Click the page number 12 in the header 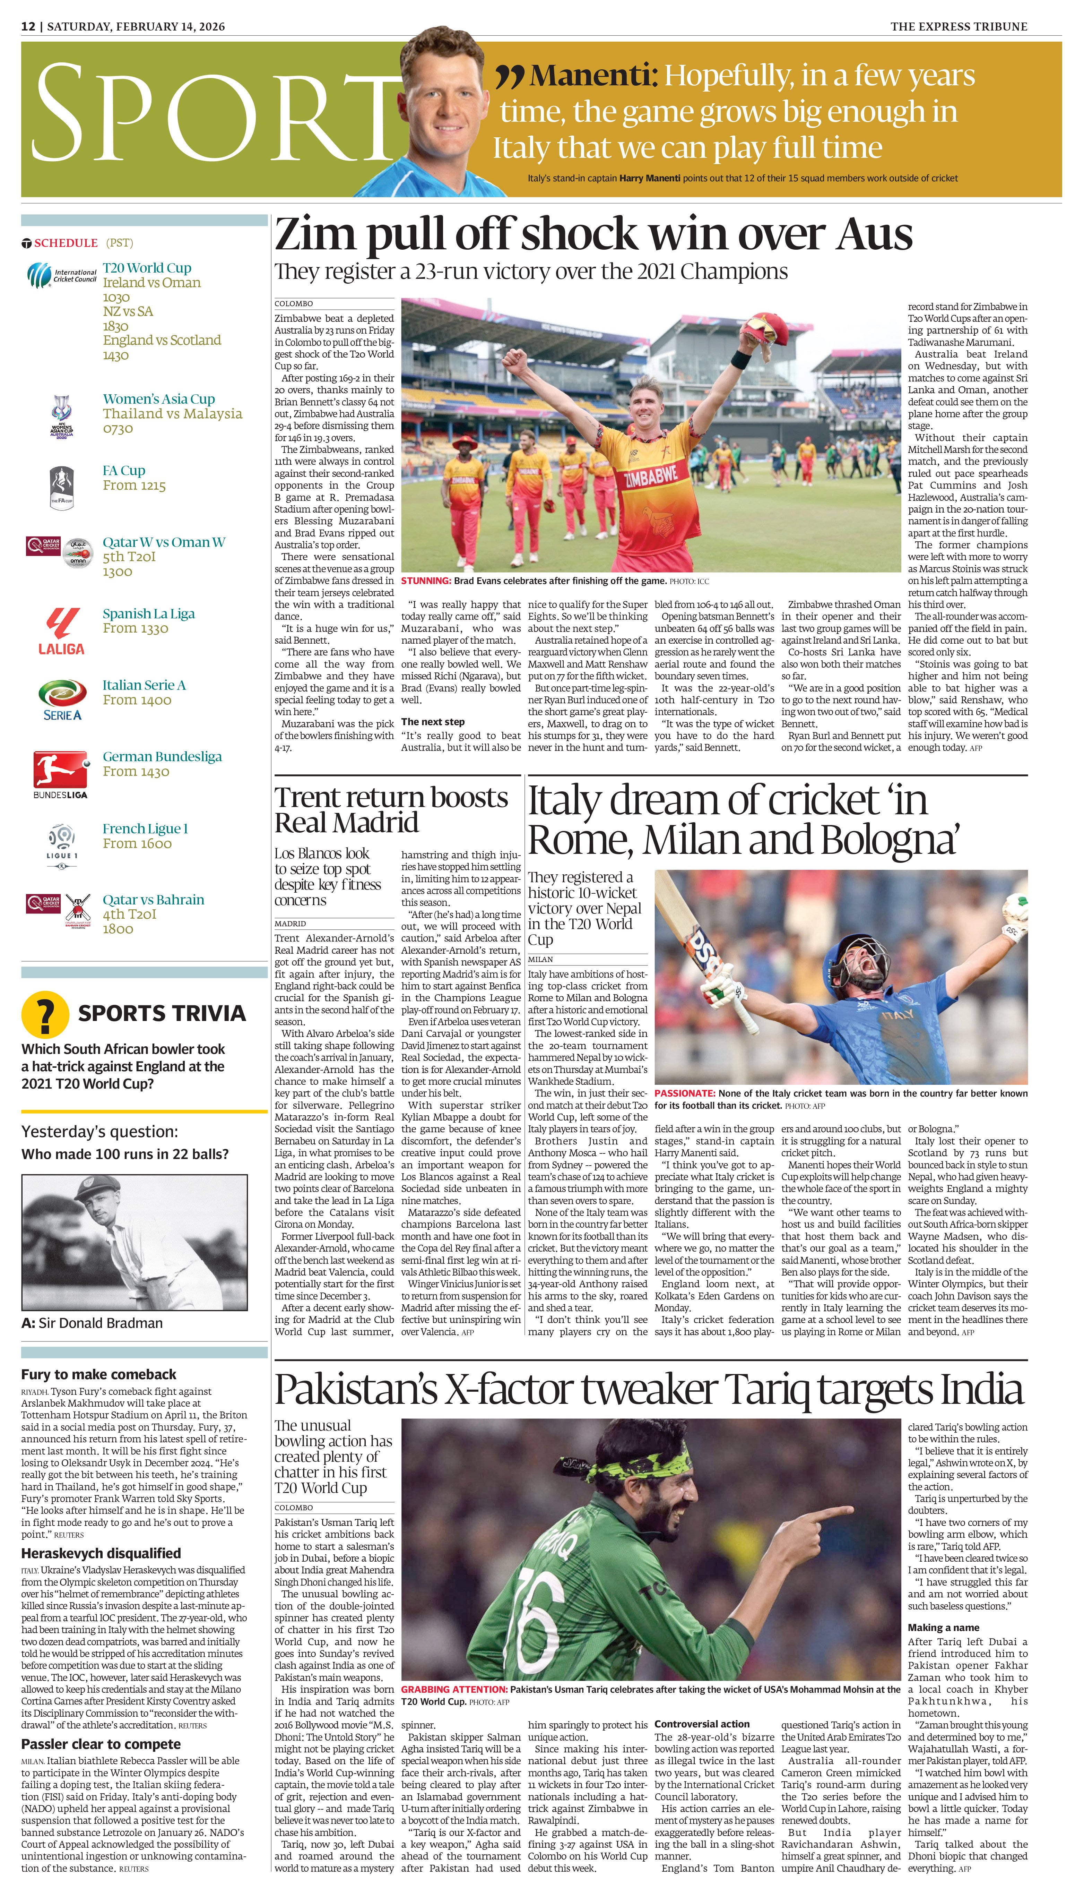[28, 27]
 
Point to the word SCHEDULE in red [66, 243]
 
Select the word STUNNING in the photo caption [425, 581]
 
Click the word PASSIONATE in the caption [684, 1093]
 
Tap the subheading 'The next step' [433, 721]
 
